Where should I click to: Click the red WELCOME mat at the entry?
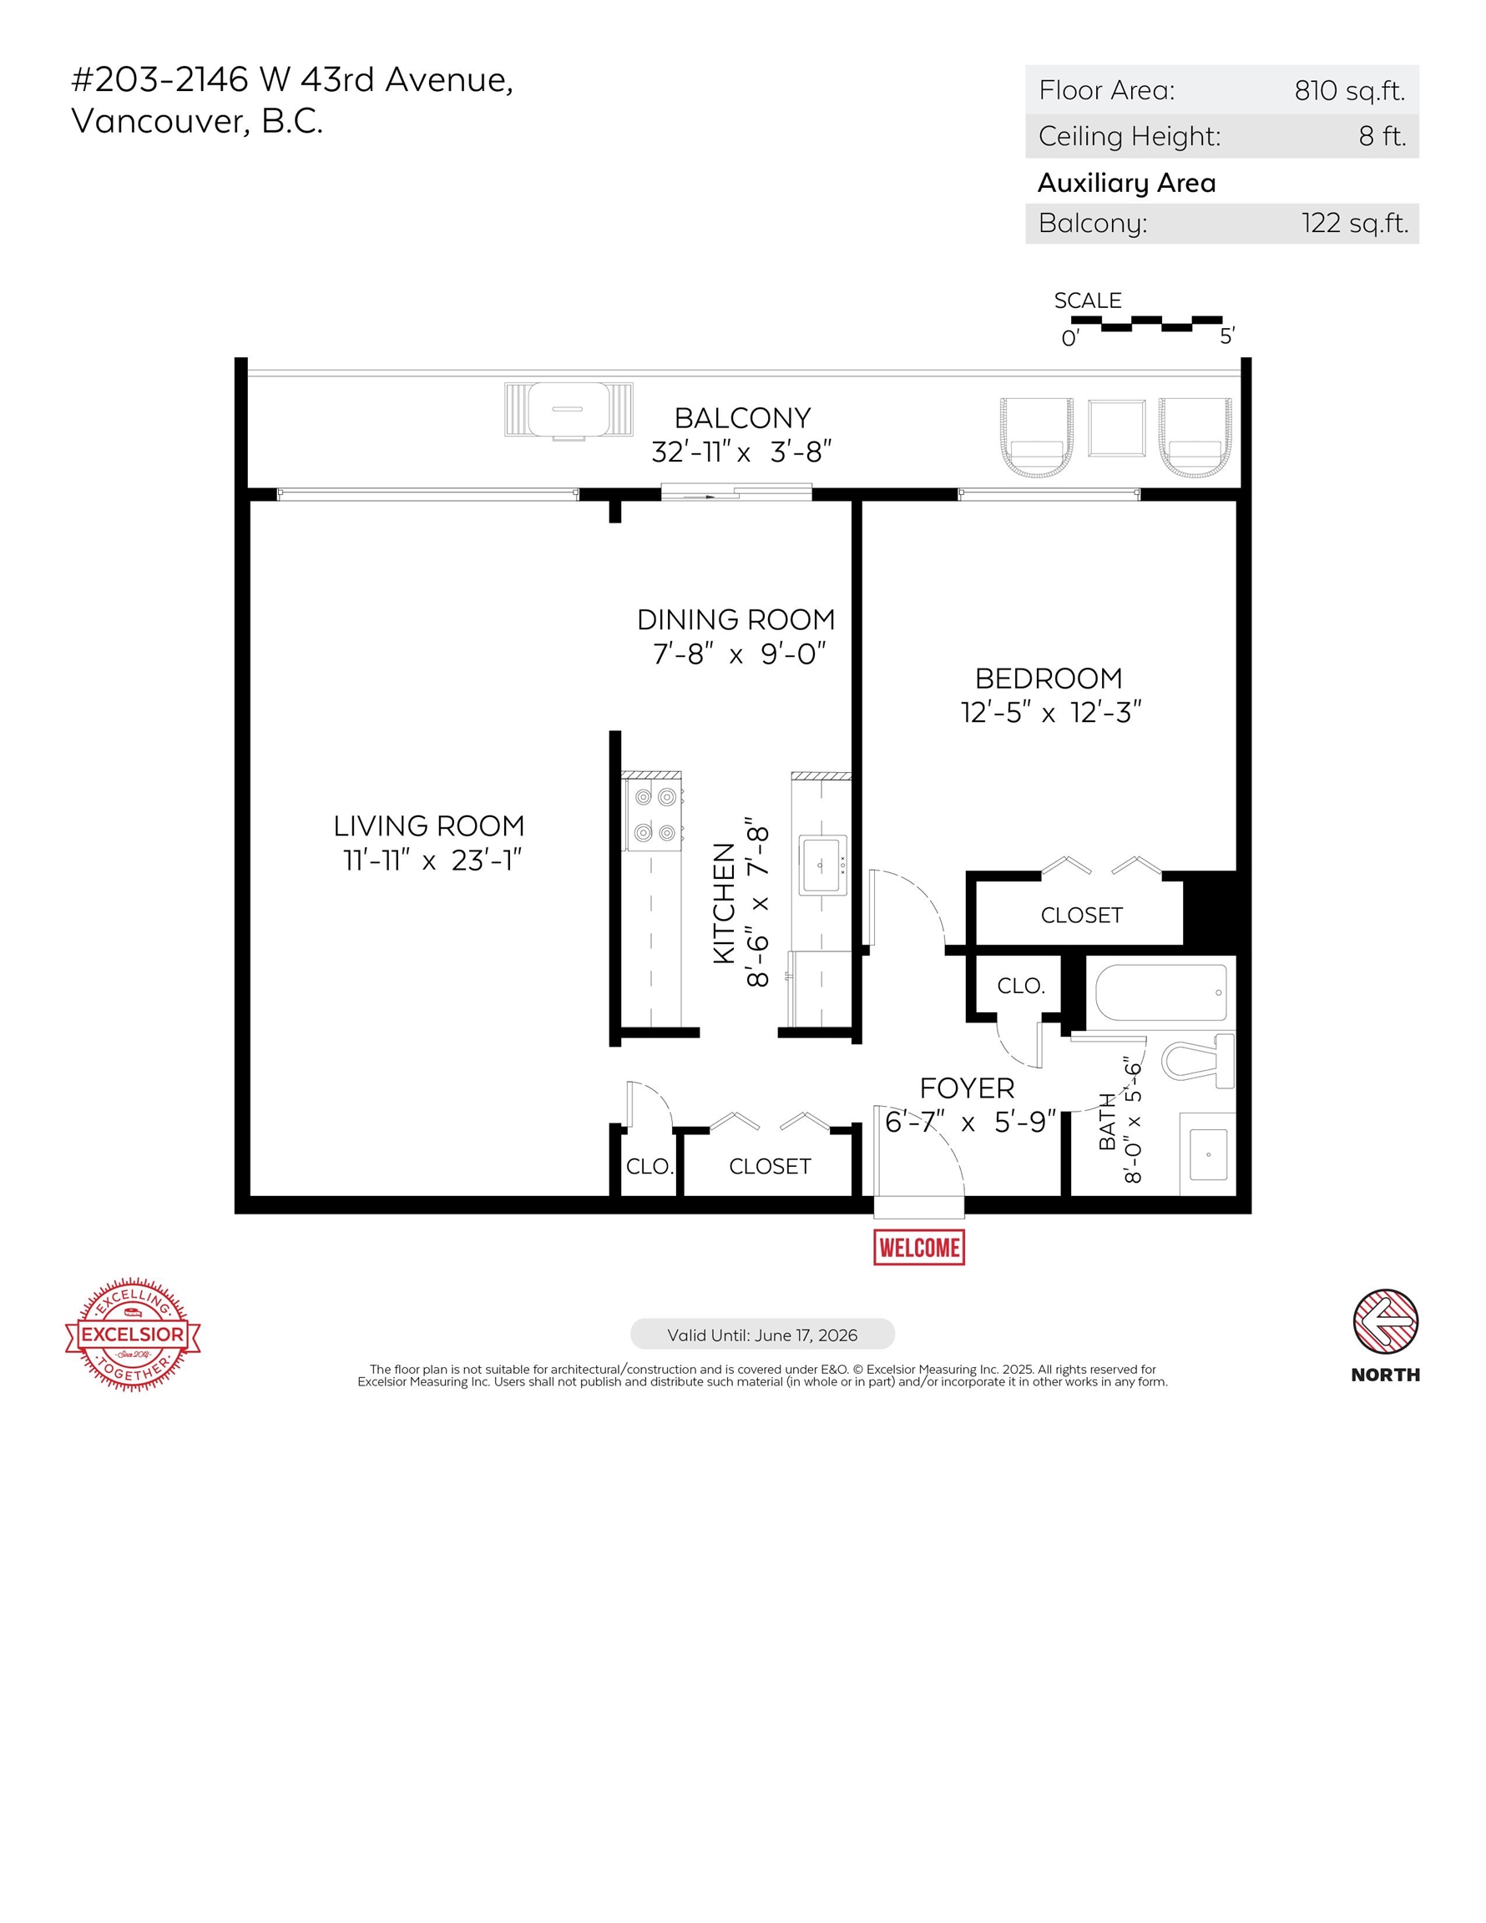point(918,1247)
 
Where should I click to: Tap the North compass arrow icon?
point(1385,1321)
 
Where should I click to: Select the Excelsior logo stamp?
point(133,1334)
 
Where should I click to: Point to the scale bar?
point(1146,323)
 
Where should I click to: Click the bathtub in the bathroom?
point(1161,992)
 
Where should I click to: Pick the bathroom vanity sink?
point(1209,1154)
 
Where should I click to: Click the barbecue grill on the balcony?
point(569,410)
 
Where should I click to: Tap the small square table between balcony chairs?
point(1116,428)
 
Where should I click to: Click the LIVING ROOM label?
point(429,826)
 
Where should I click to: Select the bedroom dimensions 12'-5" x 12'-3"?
point(1050,712)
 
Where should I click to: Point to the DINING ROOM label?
point(735,620)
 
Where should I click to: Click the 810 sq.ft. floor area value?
point(1349,91)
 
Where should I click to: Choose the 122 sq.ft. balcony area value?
point(1355,224)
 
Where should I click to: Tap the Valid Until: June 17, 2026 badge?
point(762,1335)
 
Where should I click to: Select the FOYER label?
point(966,1088)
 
